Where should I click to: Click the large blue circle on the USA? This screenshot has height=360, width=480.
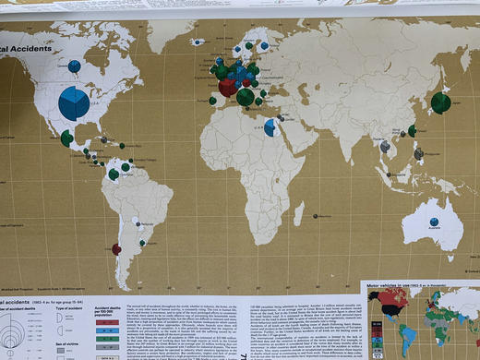coord(74,103)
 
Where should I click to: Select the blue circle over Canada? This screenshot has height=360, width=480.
coord(73,66)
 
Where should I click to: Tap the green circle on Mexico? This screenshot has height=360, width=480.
coord(66,138)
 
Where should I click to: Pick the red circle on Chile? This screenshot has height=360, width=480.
coord(116,248)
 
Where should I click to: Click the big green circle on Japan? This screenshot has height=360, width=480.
coord(441,102)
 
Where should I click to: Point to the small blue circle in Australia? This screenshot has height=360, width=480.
coord(434,222)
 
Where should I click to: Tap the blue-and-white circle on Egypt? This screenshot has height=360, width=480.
coord(270,128)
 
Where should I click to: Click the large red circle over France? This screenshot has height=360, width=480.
coord(227,88)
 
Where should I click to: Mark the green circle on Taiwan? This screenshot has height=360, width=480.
coord(412,131)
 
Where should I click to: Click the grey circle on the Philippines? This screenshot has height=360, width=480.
coord(419,153)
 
